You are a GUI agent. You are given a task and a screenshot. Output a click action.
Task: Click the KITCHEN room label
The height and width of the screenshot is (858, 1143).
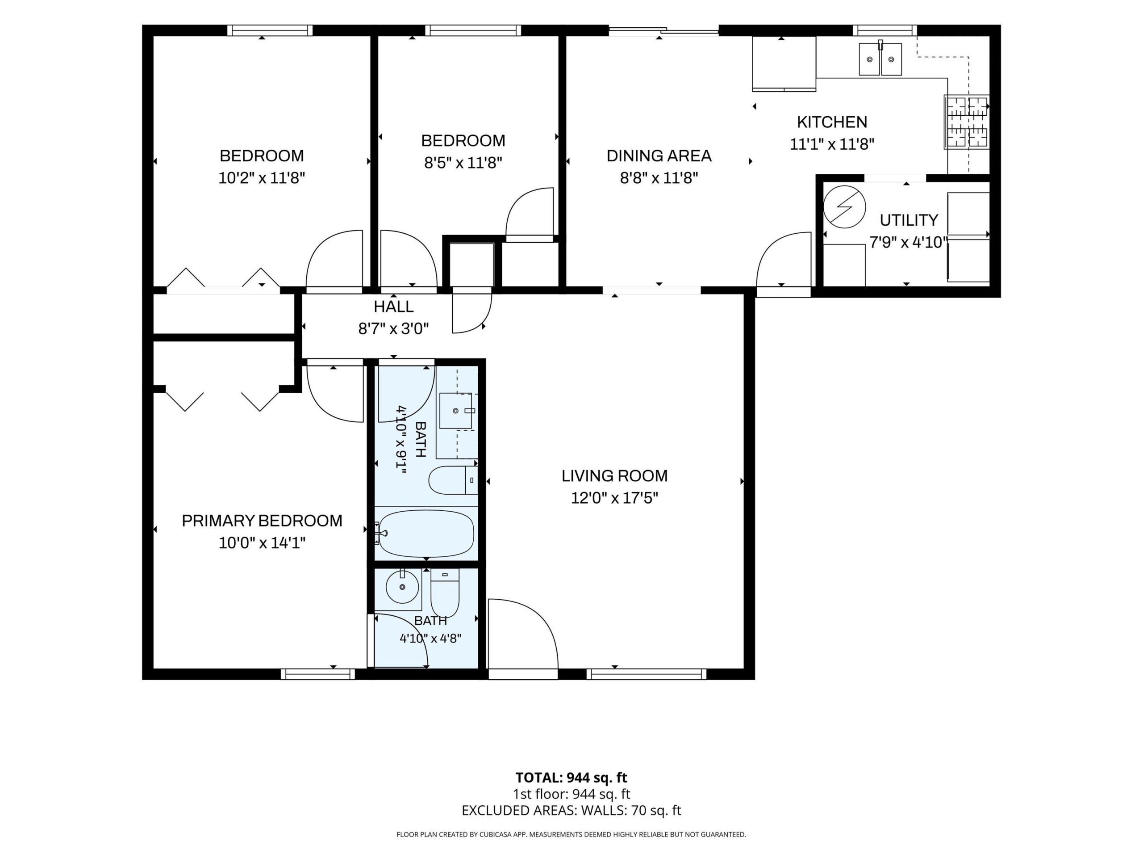pyautogui.click(x=832, y=122)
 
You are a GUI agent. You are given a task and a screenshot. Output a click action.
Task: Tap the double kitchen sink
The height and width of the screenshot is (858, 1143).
pyautogui.click(x=880, y=59)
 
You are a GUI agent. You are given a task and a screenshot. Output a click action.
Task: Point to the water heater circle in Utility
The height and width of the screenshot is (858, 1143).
pyautogui.click(x=844, y=207)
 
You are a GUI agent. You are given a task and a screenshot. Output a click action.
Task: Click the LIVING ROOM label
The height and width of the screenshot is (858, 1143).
pyautogui.click(x=614, y=476)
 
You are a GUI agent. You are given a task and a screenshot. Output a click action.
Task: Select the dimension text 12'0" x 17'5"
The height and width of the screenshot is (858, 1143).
pyautogui.click(x=614, y=498)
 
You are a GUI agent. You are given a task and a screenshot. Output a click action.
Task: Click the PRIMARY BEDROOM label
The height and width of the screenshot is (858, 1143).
pyautogui.click(x=262, y=521)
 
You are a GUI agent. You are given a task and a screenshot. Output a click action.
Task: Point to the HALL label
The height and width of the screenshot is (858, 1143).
pyautogui.click(x=394, y=307)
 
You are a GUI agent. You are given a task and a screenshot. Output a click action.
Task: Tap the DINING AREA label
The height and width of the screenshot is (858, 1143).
pyautogui.click(x=659, y=156)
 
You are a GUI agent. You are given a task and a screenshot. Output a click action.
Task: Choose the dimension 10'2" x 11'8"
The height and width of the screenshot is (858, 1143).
pyautogui.click(x=262, y=178)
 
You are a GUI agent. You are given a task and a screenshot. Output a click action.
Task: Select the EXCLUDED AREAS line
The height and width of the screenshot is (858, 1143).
pyautogui.click(x=571, y=811)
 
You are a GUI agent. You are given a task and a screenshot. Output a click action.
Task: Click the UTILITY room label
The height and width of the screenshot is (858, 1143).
pyautogui.click(x=909, y=220)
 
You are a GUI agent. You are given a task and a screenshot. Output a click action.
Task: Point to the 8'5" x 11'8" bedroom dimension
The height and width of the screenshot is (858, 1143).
pyautogui.click(x=463, y=163)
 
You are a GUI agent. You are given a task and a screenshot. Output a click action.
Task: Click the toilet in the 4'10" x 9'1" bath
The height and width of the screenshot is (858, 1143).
pyautogui.click(x=453, y=480)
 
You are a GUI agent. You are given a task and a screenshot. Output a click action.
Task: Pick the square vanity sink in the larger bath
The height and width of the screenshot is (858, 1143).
pyautogui.click(x=456, y=411)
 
